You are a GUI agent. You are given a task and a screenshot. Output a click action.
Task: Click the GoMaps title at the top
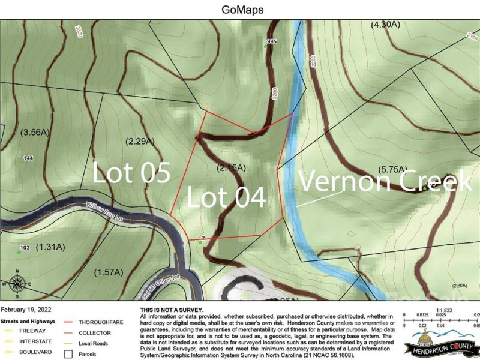tap(239, 10)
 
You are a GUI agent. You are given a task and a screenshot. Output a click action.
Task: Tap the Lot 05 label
tap(131, 173)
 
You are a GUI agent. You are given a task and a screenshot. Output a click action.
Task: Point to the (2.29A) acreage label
tap(140, 142)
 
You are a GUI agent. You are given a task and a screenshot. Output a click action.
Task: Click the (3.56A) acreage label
tap(33, 132)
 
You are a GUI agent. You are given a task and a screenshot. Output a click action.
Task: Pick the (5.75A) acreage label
tap(394, 169)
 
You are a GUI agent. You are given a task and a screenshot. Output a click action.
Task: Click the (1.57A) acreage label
tap(109, 272)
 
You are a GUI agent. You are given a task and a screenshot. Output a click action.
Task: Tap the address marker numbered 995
tap(271, 41)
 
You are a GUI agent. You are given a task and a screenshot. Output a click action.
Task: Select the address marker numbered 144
tap(28, 158)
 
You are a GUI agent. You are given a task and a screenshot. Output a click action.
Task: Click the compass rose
tap(17, 284)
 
